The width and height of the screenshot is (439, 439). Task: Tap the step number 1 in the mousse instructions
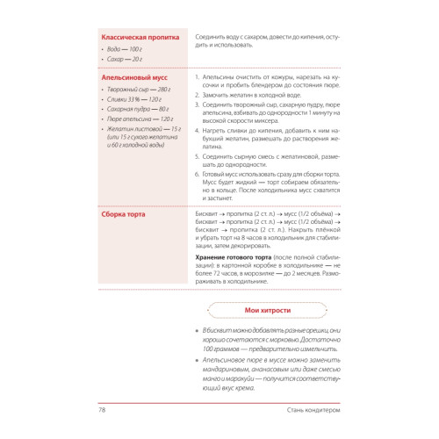click(194, 77)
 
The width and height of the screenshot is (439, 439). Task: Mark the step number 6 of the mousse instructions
click(194, 175)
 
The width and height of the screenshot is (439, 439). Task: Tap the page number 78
click(102, 410)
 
